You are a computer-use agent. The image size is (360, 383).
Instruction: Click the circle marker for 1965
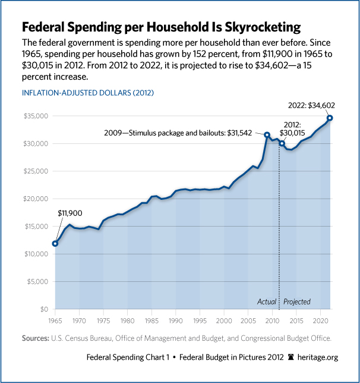click(x=55, y=243)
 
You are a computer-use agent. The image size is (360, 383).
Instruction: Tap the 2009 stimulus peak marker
click(x=267, y=135)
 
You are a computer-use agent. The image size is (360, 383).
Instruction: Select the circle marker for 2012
click(x=282, y=143)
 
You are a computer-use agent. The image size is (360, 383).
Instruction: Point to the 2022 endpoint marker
click(x=330, y=118)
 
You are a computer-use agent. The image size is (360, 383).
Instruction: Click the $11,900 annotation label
click(x=70, y=212)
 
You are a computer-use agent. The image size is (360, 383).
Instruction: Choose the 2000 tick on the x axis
click(x=224, y=321)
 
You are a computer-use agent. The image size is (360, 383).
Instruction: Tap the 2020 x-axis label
click(x=321, y=321)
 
